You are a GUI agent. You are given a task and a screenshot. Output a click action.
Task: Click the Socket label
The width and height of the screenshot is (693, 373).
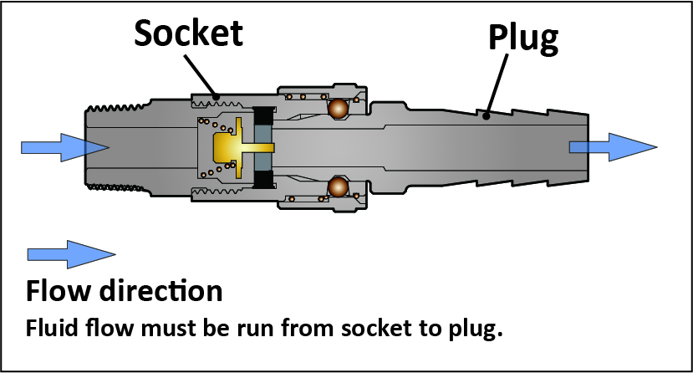click(x=189, y=33)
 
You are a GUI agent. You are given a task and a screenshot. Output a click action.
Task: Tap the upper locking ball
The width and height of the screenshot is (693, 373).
click(x=338, y=108)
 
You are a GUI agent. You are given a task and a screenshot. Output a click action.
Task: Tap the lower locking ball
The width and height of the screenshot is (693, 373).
click(x=338, y=187)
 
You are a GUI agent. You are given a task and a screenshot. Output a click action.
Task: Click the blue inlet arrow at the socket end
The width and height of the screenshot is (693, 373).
click(x=65, y=147)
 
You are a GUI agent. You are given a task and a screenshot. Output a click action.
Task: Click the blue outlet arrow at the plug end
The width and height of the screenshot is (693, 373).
click(x=613, y=147)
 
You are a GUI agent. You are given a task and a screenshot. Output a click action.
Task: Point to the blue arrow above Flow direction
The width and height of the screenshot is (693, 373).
click(x=72, y=254)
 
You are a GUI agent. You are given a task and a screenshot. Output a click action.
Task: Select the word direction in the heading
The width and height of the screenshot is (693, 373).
click(x=161, y=291)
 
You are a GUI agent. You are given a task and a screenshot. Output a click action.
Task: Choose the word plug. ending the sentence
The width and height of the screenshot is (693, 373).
click(x=476, y=330)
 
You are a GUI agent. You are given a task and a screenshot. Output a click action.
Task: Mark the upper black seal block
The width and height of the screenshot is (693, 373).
click(x=263, y=115)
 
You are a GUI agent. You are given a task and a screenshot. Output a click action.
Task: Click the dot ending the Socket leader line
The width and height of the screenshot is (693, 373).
click(x=217, y=96)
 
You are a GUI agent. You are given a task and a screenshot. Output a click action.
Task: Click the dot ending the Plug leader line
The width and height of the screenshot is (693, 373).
click(x=487, y=116)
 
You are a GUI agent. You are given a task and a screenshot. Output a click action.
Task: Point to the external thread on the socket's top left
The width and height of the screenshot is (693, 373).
click(x=116, y=107)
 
